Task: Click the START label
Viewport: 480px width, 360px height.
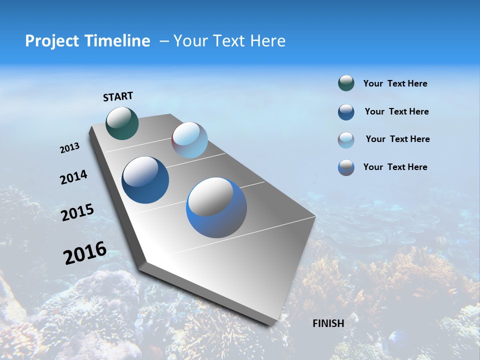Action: point(118,96)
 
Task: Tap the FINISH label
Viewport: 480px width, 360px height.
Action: point(328,323)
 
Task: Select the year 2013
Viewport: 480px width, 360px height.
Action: point(69,148)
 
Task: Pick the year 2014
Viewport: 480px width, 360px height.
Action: point(73,177)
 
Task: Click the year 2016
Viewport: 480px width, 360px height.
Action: point(85,253)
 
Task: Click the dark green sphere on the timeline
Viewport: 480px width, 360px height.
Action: point(122,123)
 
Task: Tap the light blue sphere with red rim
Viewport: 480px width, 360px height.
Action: point(189,140)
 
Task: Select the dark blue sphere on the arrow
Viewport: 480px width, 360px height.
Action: point(145,180)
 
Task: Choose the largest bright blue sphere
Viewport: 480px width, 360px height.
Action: point(216,207)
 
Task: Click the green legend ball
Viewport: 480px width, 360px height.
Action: point(346,83)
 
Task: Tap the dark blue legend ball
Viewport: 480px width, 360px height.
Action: point(346,112)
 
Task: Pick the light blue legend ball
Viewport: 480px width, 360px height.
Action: point(346,140)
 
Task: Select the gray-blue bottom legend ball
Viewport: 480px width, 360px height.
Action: point(346,167)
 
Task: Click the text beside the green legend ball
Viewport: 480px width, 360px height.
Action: point(395,83)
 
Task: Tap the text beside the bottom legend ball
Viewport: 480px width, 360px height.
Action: point(395,167)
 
